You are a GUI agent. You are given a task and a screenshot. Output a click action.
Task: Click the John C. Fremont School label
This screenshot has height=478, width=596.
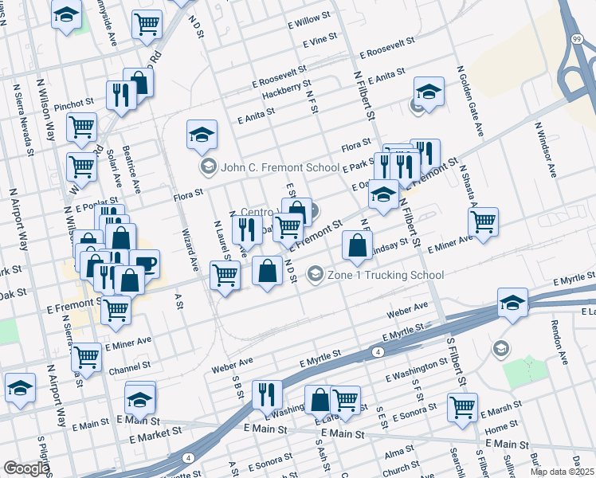tap(269, 167)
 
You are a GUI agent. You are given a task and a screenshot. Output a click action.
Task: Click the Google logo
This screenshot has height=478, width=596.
tap(25, 469)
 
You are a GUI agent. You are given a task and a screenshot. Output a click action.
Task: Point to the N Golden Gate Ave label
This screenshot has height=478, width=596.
tap(470, 100)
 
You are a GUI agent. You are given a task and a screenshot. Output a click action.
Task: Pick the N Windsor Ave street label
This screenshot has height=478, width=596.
tap(546, 150)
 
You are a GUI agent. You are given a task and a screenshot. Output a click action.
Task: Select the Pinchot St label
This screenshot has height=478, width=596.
tap(75, 104)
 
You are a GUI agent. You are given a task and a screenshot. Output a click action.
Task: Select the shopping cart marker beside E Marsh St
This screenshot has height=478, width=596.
tap(462, 406)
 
